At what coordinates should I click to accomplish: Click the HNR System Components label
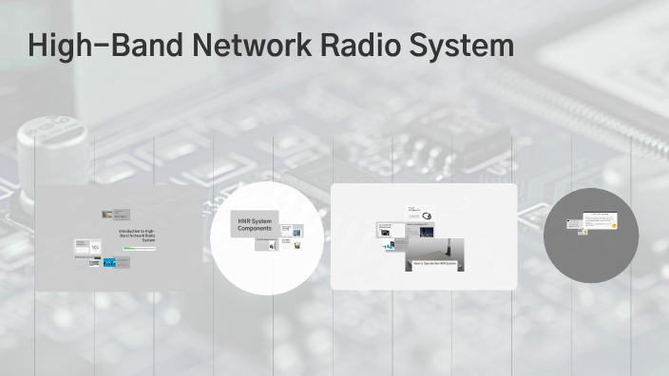(x=255, y=225)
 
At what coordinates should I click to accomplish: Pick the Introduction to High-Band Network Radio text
(x=137, y=235)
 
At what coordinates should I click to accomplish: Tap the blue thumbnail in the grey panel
(x=108, y=261)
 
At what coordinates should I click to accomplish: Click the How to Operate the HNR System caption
(x=434, y=263)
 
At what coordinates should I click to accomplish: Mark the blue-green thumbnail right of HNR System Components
(x=298, y=229)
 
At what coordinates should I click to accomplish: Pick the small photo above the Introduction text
(x=108, y=215)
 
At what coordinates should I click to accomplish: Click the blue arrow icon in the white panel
(x=390, y=247)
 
